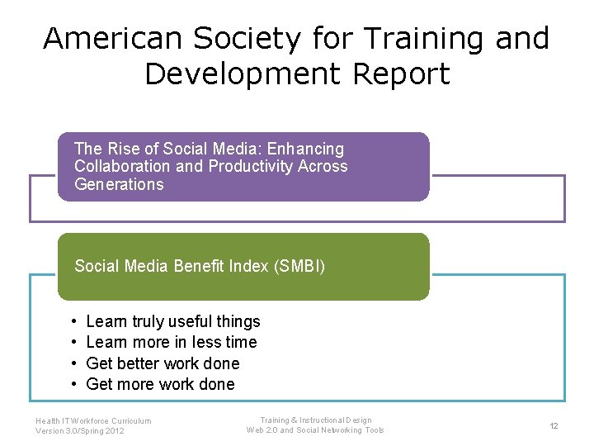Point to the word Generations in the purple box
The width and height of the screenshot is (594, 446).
pos(119,184)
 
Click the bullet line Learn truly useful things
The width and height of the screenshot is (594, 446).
pos(172,321)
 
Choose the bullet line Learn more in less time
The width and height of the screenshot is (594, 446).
pos(171,342)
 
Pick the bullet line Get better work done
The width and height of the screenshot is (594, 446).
pos(163,363)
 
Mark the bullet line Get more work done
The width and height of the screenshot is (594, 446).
pos(160,384)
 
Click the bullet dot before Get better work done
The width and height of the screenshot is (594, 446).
pos(74,363)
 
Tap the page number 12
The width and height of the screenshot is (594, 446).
pos(554,425)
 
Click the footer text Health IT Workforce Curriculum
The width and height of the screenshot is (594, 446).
pos(93,420)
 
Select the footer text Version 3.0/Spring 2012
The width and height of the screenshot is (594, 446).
pos(80,431)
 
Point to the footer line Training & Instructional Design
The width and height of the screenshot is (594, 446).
pos(315,420)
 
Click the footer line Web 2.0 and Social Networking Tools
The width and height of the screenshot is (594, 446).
pos(315,430)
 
